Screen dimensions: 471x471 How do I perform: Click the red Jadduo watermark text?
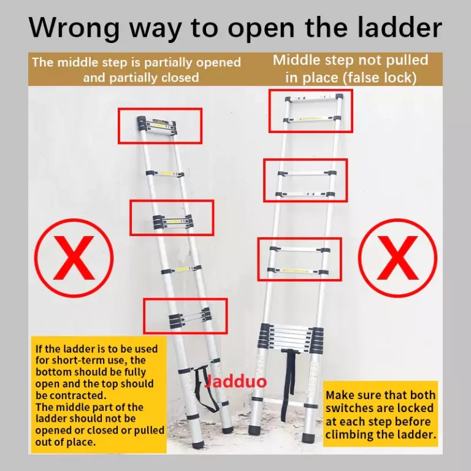(x=235, y=381)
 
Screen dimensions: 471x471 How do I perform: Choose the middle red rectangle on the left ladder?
(x=130, y=218)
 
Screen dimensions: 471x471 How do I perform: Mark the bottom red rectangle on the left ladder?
(x=144, y=316)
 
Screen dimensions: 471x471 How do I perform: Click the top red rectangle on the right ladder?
(x=269, y=111)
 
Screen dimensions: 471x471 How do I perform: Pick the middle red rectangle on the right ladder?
(x=264, y=180)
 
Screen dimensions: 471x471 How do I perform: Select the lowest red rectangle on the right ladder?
(x=258, y=259)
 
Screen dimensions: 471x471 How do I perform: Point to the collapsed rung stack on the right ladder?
(x=291, y=337)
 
